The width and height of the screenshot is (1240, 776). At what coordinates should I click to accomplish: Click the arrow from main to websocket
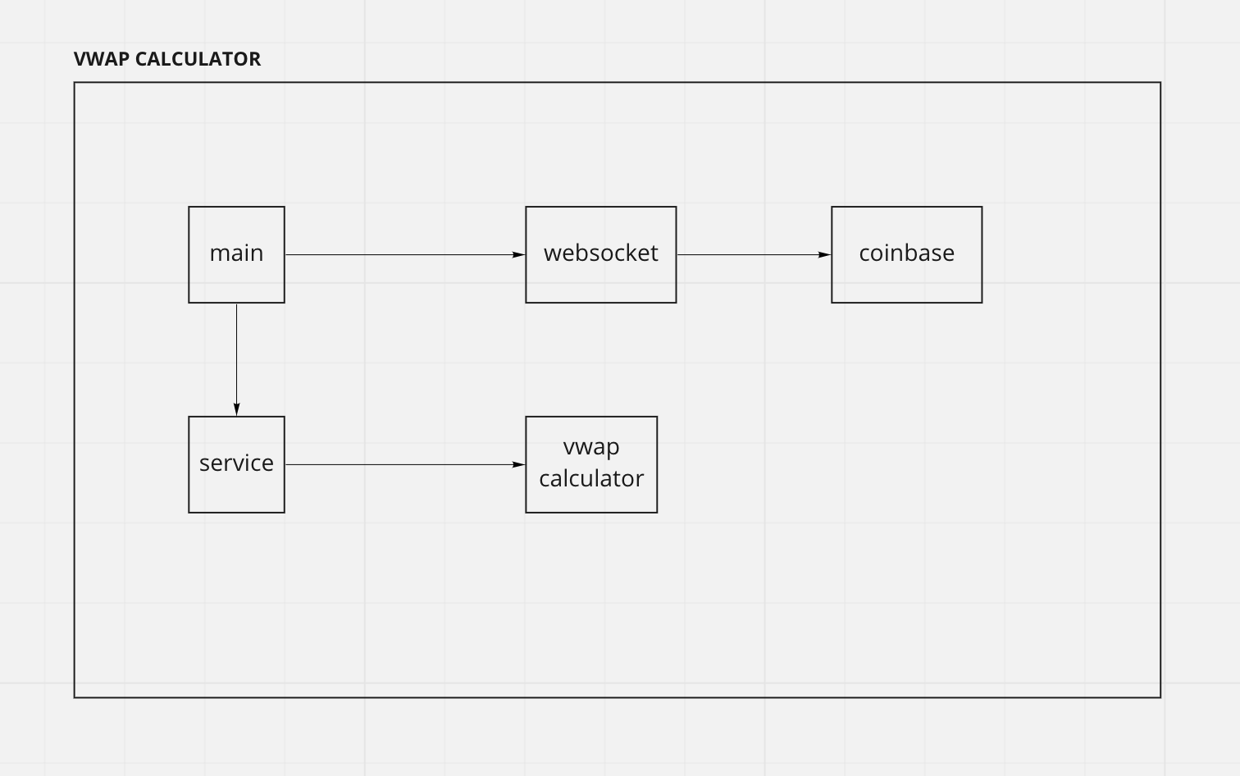coord(402,255)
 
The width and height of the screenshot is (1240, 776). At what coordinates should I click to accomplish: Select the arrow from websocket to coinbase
coord(750,255)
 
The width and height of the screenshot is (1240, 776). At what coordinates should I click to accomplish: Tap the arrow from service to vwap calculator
coord(402,465)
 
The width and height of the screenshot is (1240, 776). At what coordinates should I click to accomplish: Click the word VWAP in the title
coord(102,59)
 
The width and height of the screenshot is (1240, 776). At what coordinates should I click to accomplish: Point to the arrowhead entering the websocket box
coord(518,255)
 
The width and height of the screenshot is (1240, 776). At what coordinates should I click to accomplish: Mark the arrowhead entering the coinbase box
coord(824,255)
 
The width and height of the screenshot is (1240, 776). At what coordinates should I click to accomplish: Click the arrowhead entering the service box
coord(237,409)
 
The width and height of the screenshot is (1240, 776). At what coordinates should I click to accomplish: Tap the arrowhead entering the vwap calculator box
coord(518,465)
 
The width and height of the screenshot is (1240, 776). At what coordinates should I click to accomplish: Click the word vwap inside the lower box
coord(591,447)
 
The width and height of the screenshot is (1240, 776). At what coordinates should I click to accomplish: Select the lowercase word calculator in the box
coord(591,478)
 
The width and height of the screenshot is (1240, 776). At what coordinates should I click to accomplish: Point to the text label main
coord(236,253)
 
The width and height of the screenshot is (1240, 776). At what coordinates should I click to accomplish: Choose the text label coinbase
coord(906,253)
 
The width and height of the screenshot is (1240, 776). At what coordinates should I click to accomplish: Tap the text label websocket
coord(600,253)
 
